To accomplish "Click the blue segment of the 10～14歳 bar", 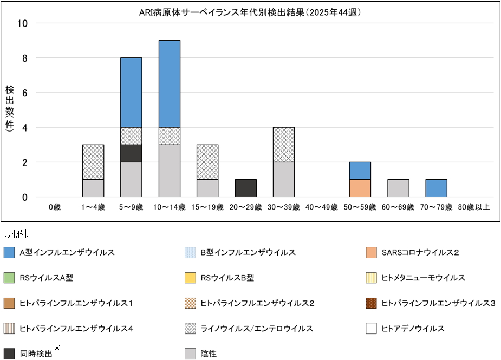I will pyautogui.click(x=170, y=84).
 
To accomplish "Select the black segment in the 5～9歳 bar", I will pyautogui.click(x=131, y=153).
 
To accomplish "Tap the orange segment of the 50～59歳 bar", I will pyautogui.click(x=360, y=188).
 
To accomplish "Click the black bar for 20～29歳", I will pyautogui.click(x=246, y=188).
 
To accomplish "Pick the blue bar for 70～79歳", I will pyautogui.click(x=437, y=188).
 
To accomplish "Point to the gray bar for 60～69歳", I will pyautogui.click(x=398, y=188).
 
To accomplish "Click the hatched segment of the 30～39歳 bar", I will pyautogui.click(x=284, y=145).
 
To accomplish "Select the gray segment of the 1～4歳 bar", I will pyautogui.click(x=93, y=188).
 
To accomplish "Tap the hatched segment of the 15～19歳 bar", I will pyautogui.click(x=207, y=162).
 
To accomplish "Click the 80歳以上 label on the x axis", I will pyautogui.click(x=474, y=206).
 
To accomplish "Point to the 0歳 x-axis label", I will pyautogui.click(x=55, y=206).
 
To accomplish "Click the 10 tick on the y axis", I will pyautogui.click(x=24, y=23).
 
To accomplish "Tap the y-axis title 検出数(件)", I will pyautogui.click(x=10, y=110).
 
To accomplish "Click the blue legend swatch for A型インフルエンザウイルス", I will pyautogui.click(x=9, y=252).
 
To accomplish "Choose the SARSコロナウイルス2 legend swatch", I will pyautogui.click(x=371, y=252).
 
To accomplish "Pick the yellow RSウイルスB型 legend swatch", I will pyautogui.click(x=190, y=278).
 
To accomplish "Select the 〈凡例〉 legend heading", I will pyautogui.click(x=17, y=234).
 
